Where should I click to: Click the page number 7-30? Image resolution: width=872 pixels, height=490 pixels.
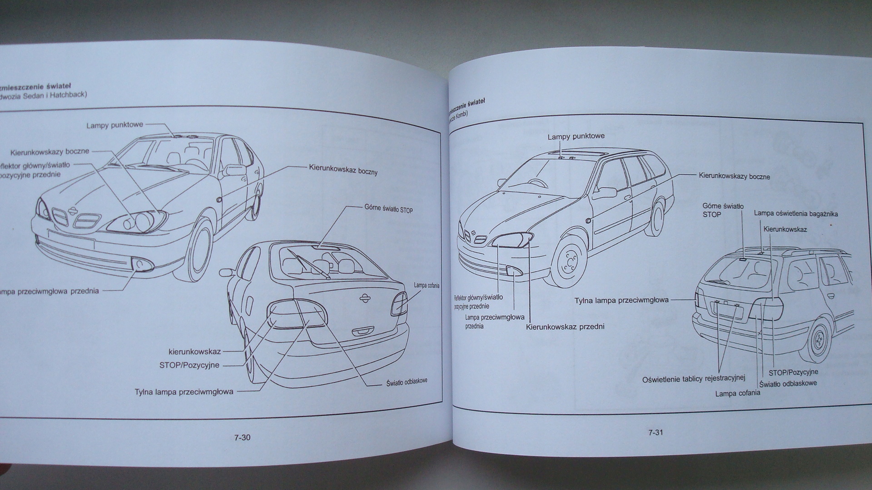click(x=243, y=438)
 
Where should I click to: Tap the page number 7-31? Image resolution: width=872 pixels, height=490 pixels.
click(x=655, y=432)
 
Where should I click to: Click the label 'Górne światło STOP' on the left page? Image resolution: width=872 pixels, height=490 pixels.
click(x=388, y=210)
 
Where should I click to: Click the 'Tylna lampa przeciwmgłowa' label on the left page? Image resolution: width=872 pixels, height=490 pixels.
click(x=184, y=392)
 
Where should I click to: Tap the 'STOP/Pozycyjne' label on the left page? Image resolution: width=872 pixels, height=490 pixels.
click(x=189, y=365)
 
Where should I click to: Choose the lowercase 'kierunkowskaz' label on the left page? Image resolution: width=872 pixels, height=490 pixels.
click(x=194, y=352)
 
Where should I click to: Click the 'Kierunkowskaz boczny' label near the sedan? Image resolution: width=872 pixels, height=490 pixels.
click(x=343, y=170)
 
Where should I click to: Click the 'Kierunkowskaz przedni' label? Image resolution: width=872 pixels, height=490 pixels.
click(x=565, y=327)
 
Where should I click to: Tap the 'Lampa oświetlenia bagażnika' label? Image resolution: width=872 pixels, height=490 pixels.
click(x=796, y=214)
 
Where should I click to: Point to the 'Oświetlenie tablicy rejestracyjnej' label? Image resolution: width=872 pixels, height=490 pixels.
click(x=694, y=379)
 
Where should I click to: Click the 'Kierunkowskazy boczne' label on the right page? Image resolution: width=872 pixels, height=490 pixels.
click(x=734, y=176)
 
